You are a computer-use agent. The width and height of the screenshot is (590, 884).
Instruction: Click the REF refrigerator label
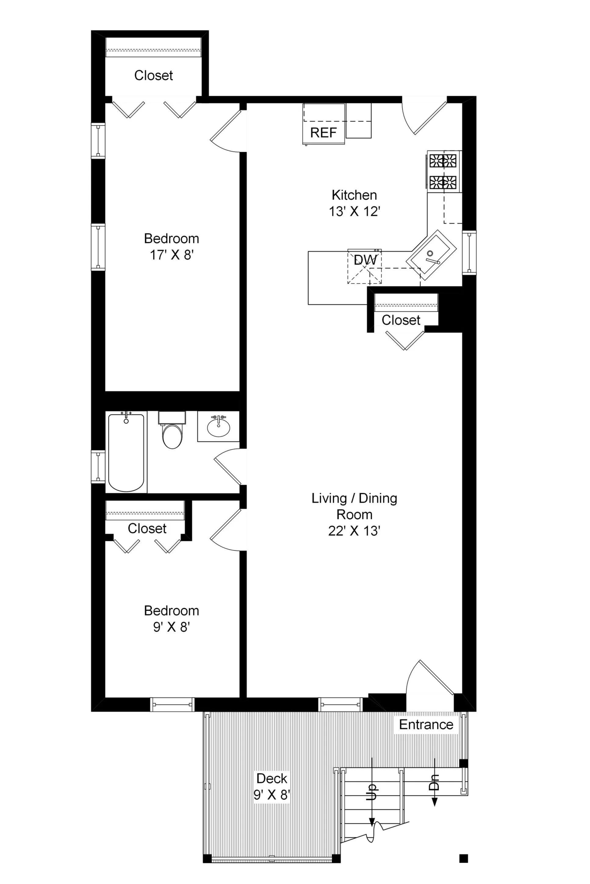pyautogui.click(x=323, y=133)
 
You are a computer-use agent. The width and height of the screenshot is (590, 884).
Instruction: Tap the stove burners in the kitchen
pyautogui.click(x=443, y=171)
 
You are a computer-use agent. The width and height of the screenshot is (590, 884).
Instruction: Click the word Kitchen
pyautogui.click(x=354, y=195)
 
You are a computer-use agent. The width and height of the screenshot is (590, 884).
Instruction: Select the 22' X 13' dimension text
pyautogui.click(x=354, y=531)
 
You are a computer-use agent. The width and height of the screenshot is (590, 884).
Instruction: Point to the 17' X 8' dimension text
pyautogui.click(x=171, y=255)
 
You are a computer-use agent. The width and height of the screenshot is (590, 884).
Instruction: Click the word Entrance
pyautogui.click(x=426, y=724)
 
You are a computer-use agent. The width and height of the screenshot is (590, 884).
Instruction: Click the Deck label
pyautogui.click(x=272, y=778)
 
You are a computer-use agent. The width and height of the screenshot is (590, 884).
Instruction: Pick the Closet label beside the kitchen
pyautogui.click(x=401, y=320)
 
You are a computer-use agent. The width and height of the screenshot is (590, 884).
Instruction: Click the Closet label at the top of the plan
pyautogui.click(x=153, y=75)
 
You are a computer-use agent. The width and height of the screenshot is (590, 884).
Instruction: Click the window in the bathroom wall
pyautogui.click(x=98, y=467)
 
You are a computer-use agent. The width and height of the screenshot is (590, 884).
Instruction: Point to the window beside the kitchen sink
pyautogui.click(x=469, y=253)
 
